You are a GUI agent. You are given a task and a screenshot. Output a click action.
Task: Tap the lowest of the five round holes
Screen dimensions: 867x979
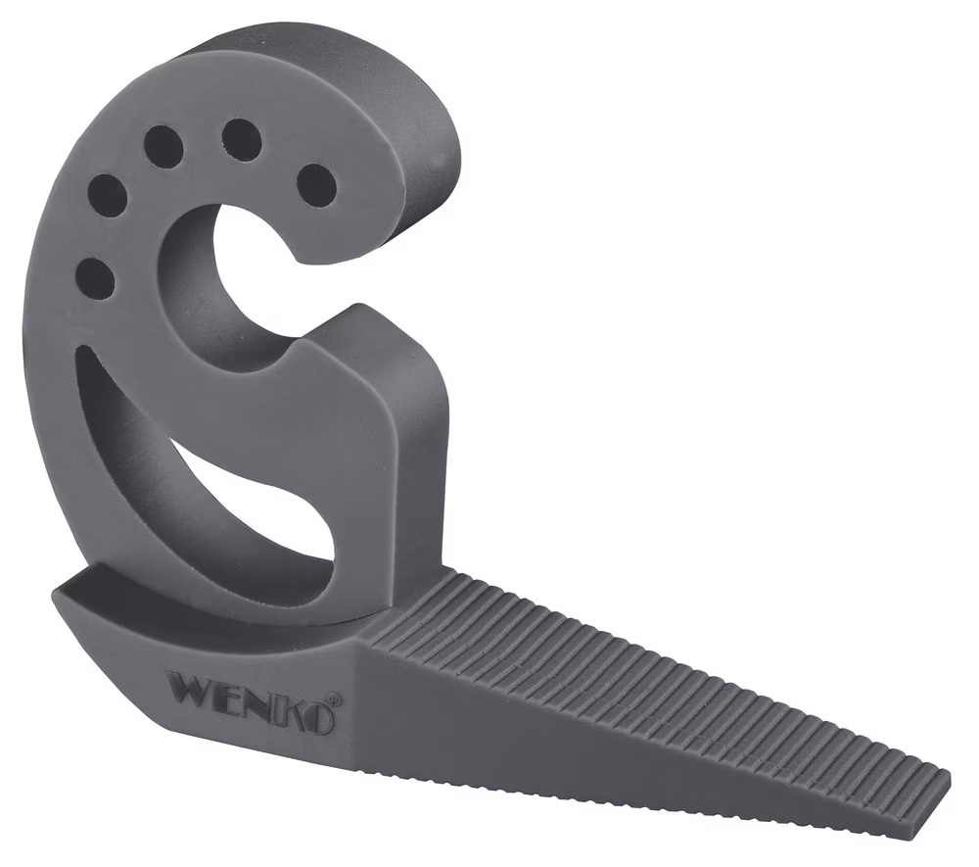tap(95, 278)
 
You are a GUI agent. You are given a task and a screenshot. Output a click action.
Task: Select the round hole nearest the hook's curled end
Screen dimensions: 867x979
tap(316, 185)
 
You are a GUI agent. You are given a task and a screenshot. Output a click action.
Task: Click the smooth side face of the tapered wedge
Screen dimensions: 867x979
tap(587, 745)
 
